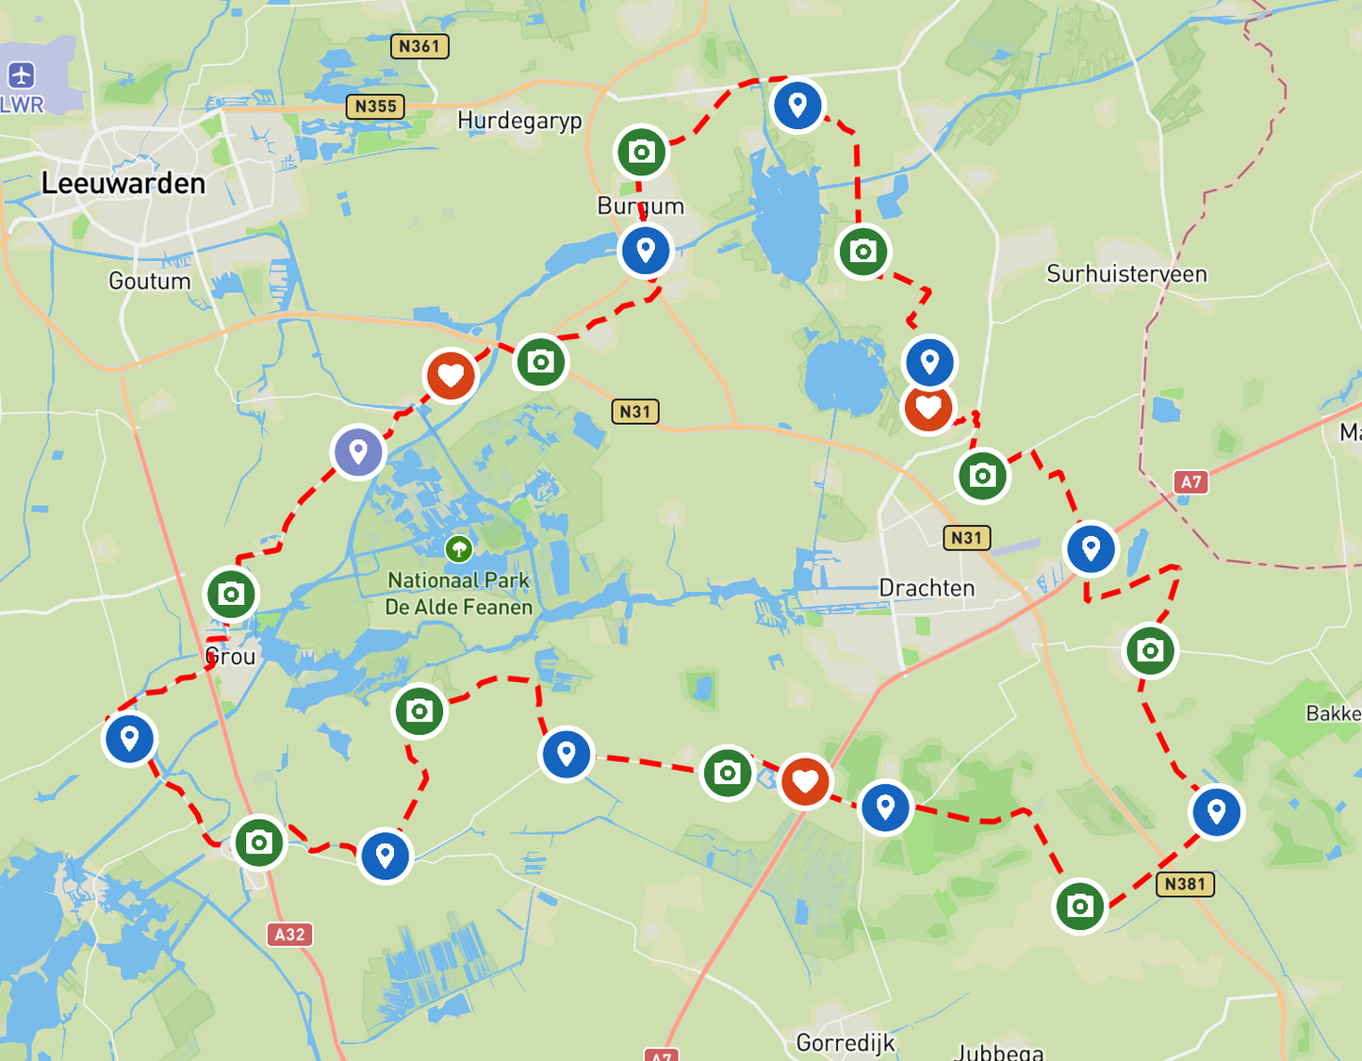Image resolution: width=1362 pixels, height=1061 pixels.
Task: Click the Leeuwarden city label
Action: click(x=123, y=183)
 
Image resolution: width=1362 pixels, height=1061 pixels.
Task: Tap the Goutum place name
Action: click(x=149, y=281)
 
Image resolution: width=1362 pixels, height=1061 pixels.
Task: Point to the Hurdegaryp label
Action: click(x=519, y=121)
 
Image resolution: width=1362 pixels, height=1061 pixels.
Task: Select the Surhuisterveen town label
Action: click(x=1126, y=274)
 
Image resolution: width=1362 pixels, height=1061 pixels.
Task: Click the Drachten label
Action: click(x=927, y=588)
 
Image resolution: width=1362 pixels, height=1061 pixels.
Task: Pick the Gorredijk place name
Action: click(x=845, y=1042)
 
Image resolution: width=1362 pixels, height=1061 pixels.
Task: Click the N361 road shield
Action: click(x=419, y=46)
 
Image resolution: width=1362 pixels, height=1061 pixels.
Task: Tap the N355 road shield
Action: click(x=376, y=106)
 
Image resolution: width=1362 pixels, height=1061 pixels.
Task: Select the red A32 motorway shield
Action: click(x=289, y=934)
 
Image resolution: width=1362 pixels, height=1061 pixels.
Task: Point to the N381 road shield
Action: click(x=1185, y=884)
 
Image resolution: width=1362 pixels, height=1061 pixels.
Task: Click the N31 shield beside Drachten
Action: click(x=967, y=538)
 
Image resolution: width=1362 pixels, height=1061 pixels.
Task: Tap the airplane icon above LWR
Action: click(x=21, y=75)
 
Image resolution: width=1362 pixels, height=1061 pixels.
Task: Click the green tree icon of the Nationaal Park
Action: click(x=458, y=547)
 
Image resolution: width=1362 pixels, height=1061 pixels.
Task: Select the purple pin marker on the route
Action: click(x=358, y=452)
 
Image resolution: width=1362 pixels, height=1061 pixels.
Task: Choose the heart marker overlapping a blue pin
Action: click(x=928, y=409)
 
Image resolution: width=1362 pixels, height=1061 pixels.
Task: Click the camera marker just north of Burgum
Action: click(x=642, y=152)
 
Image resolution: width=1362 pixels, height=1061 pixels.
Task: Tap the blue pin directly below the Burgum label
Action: click(x=646, y=251)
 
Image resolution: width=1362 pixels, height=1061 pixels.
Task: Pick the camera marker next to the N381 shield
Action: click(x=1080, y=906)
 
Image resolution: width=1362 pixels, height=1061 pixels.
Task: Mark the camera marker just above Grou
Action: click(x=231, y=595)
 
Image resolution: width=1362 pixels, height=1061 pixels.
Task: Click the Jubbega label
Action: click(x=999, y=1052)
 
